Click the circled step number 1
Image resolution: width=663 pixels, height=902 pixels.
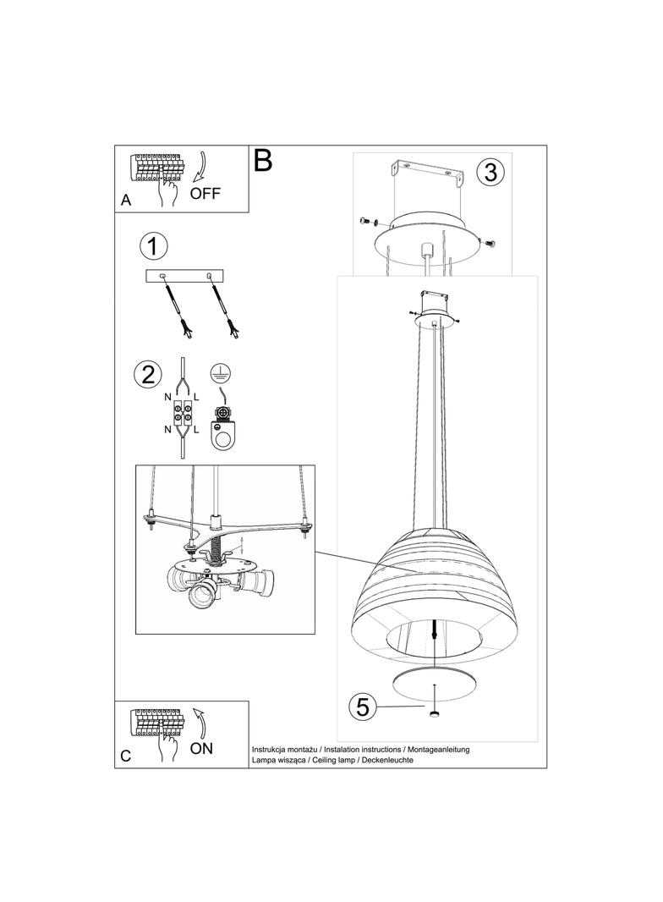tap(153, 247)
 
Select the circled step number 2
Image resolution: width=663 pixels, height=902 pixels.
tap(148, 374)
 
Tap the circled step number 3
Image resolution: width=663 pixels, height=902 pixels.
tap(490, 172)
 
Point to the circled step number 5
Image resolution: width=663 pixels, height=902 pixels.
tap(362, 707)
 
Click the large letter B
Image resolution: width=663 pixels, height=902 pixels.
tap(263, 160)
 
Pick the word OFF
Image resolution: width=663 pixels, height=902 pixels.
tap(205, 193)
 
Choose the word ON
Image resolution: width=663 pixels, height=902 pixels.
tap(201, 748)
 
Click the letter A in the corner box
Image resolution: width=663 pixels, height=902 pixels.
tap(126, 201)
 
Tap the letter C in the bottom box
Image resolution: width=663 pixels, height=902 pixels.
tap(126, 756)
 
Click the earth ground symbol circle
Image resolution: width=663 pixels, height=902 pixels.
tap(217, 371)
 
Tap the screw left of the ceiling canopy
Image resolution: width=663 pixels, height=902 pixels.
tap(365, 222)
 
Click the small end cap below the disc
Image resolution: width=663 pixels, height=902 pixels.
tap(435, 714)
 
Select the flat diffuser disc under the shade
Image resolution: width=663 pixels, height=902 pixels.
tap(436, 685)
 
